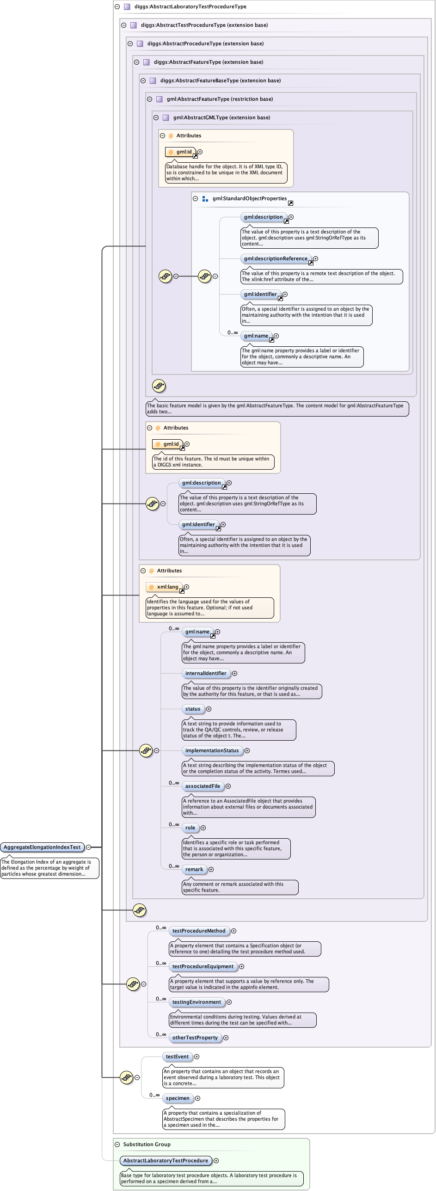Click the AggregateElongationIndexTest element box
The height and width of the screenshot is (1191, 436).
(x=42, y=847)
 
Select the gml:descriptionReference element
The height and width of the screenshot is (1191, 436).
(x=276, y=259)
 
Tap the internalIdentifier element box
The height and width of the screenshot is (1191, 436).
(x=206, y=673)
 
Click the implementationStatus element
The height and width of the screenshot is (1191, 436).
(x=212, y=750)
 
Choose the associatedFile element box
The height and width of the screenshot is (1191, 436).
(x=203, y=786)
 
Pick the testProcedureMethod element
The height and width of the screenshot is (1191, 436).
(x=199, y=931)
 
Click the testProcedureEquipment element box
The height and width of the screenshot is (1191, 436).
(x=203, y=966)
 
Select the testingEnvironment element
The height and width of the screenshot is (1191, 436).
(x=197, y=1002)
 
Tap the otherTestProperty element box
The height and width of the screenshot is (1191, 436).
(x=195, y=1038)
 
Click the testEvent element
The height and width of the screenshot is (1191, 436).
(x=177, y=1056)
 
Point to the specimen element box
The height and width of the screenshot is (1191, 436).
(x=178, y=1098)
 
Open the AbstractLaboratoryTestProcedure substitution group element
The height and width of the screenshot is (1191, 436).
(x=166, y=1160)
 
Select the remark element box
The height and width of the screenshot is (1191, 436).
(x=194, y=869)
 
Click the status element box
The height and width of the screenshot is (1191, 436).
(x=193, y=709)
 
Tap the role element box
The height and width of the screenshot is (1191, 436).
(x=190, y=828)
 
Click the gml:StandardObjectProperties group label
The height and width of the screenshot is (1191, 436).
(x=250, y=199)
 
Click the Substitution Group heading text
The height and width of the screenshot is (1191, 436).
(x=147, y=1144)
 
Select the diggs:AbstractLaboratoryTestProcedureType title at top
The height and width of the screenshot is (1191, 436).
(x=190, y=6)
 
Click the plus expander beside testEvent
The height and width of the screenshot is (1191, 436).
(x=197, y=1056)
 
